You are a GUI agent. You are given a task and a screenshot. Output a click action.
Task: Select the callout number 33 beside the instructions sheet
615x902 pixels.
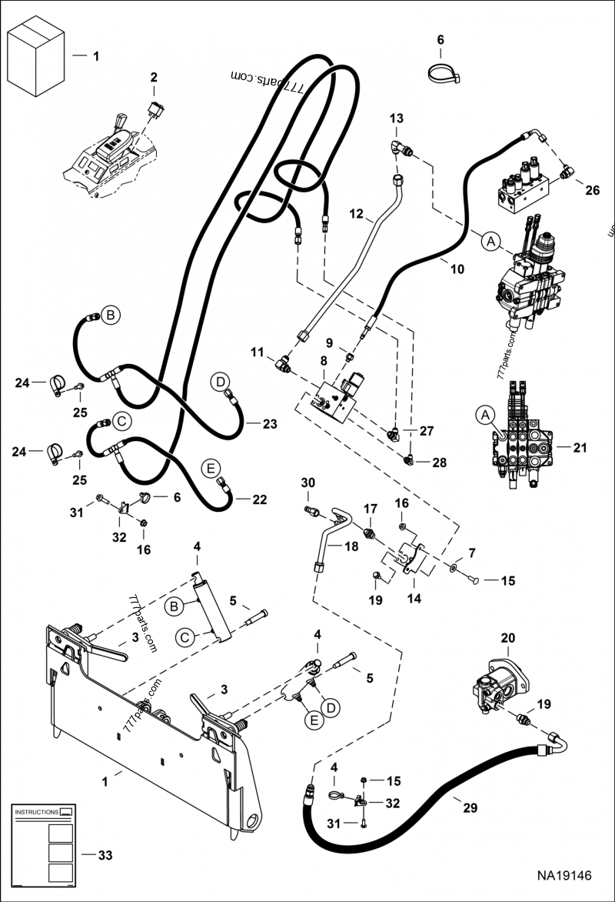click(105, 854)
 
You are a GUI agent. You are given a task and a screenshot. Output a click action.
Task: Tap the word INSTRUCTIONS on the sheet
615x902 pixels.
click(37, 812)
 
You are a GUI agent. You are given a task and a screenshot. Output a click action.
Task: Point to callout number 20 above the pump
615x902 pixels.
click(507, 638)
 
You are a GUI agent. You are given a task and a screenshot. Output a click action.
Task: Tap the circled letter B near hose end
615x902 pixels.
click(109, 315)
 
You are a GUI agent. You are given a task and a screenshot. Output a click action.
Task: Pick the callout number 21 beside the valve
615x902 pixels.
click(579, 446)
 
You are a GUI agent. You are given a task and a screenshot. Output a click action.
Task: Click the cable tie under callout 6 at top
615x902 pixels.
click(443, 72)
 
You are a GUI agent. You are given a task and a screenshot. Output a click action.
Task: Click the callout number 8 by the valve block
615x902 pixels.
click(324, 359)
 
